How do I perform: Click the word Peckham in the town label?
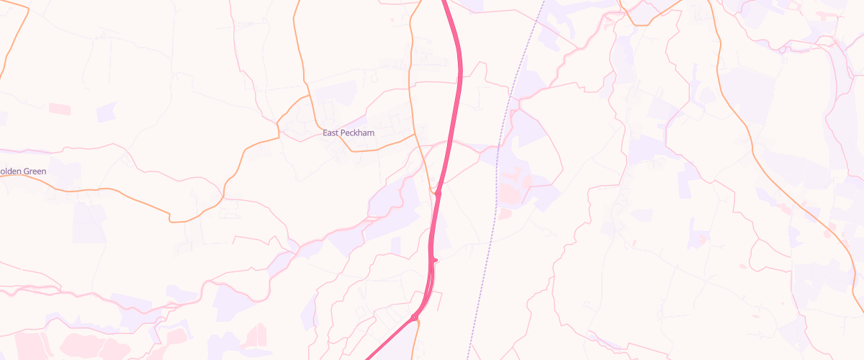pyautogui.click(x=358, y=133)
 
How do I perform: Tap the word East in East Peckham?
pyautogui.click(x=330, y=133)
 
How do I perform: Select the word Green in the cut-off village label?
pyautogui.click(x=34, y=171)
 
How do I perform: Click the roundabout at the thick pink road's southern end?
pyautogui.click(x=415, y=318)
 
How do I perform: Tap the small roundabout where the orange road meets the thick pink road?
pyautogui.click(x=437, y=192)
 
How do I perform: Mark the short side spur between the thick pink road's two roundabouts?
pyautogui.click(x=435, y=260)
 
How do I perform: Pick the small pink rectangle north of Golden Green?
pyautogui.click(x=60, y=108)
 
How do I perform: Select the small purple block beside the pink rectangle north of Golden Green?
pyautogui.click(x=106, y=112)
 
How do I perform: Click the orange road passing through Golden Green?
pyautogui.click(x=108, y=189)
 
